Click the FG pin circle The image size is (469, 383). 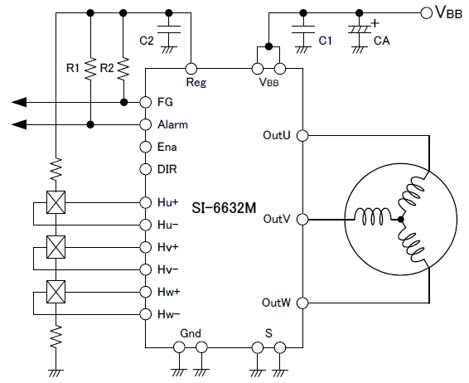146,102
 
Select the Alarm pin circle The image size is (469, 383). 146,124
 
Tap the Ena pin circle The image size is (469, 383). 146,147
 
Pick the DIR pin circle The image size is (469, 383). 146,169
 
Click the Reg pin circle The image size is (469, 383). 191,69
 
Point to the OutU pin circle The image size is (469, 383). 302,136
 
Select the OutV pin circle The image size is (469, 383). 302,220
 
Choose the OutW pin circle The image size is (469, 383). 302,303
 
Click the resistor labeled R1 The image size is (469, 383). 90,69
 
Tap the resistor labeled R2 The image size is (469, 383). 123,69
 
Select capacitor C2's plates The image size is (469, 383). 169,29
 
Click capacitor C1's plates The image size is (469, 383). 303,29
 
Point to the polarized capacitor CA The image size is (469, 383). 360,29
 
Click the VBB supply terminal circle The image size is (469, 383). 426,13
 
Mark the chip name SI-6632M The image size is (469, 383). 224,208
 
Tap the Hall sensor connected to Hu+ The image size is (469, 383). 56,202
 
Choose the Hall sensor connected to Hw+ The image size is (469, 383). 56,292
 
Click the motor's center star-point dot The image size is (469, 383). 401,220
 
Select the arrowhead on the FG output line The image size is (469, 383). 19,102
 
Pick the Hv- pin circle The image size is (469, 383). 146,269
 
